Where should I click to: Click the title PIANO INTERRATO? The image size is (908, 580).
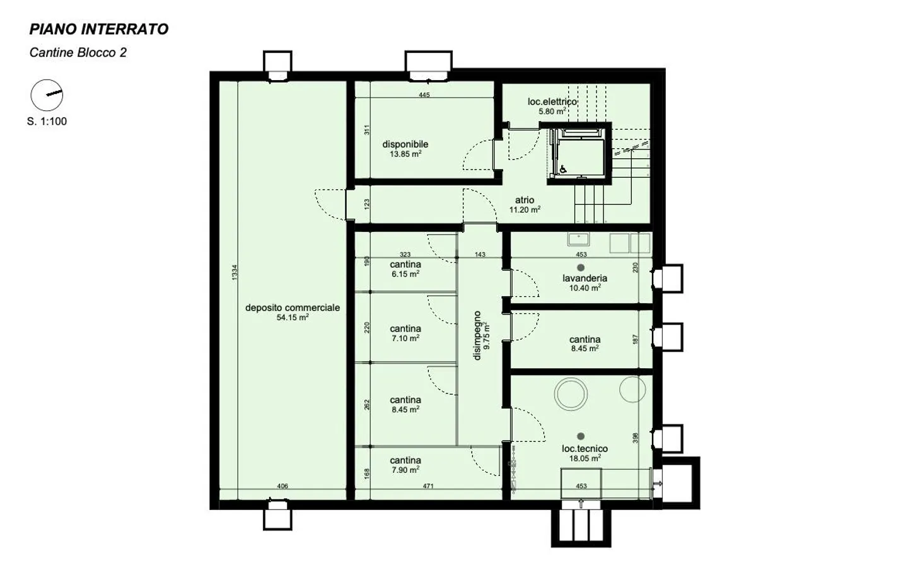[99, 29]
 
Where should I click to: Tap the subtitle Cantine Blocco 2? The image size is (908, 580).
[78, 53]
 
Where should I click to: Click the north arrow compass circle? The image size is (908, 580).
[47, 95]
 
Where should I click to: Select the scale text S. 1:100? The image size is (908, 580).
[47, 121]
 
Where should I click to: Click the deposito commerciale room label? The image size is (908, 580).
[293, 308]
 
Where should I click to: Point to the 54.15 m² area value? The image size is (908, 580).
[293, 317]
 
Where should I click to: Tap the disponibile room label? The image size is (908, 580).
[405, 144]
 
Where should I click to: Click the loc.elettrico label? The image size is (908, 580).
[552, 101]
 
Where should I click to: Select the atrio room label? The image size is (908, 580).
[525, 200]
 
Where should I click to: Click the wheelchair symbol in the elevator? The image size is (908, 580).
[564, 168]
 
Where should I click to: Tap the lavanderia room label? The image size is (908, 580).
[585, 278]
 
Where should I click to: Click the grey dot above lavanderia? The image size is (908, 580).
[581, 267]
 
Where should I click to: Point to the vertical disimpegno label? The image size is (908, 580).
[477, 335]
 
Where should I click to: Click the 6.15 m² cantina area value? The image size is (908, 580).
[405, 274]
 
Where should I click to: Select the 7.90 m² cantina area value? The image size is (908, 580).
[405, 470]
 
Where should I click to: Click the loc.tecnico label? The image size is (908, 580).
[585, 449]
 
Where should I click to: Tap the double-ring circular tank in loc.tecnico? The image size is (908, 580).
[571, 393]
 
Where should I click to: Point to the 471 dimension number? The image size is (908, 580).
[429, 486]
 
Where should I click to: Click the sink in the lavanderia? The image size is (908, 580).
[578, 239]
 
